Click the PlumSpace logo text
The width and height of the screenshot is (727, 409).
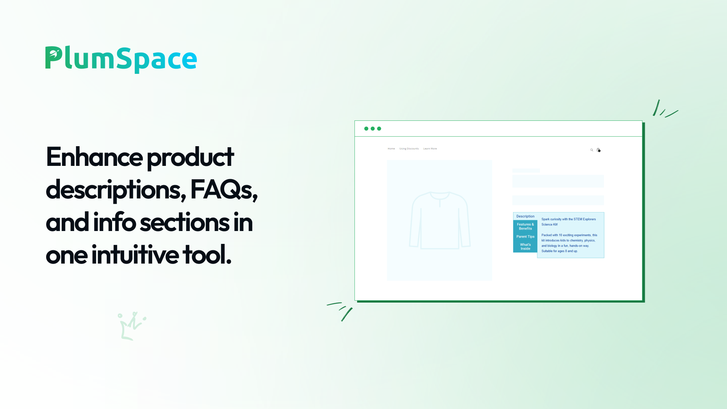click(x=121, y=59)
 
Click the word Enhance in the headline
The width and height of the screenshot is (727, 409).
click(x=94, y=157)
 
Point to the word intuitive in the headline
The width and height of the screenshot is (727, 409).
click(x=135, y=255)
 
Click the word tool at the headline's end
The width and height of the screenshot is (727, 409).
click(x=207, y=255)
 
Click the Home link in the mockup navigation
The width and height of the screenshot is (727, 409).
click(x=391, y=149)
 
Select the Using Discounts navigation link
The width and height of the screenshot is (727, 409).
click(x=409, y=149)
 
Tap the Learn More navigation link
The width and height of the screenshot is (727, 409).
click(x=430, y=149)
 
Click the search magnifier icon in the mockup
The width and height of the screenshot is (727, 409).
click(x=591, y=150)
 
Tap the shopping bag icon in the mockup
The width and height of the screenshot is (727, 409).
click(x=598, y=150)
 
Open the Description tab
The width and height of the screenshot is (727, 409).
click(x=525, y=216)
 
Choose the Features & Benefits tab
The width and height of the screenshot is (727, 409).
click(x=525, y=226)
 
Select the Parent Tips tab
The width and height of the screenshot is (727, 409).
click(x=525, y=237)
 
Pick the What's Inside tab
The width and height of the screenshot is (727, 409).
click(x=525, y=247)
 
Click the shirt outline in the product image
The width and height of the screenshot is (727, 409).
click(x=440, y=220)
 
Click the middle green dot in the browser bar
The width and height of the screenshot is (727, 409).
click(x=373, y=129)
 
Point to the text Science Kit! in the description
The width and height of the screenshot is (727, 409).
click(x=549, y=225)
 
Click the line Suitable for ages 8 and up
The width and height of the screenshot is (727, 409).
click(x=559, y=251)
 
